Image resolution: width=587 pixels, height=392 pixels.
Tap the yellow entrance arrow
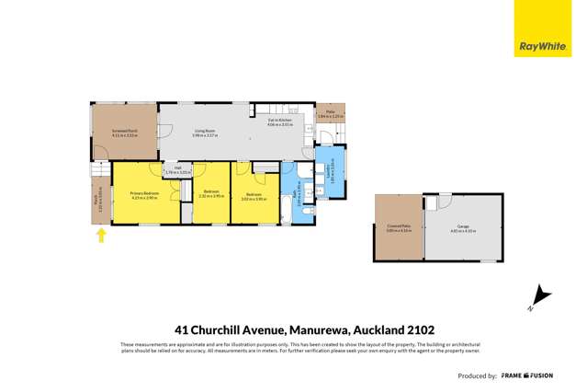click(x=101, y=236)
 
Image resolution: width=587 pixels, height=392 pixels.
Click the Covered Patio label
click(x=397, y=226)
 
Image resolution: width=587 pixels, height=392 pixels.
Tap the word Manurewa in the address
click(x=321, y=329)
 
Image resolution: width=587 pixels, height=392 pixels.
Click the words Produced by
click(x=478, y=376)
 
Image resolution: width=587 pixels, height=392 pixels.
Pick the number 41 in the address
click(x=182, y=329)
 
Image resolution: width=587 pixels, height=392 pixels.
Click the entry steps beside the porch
click(x=96, y=171)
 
